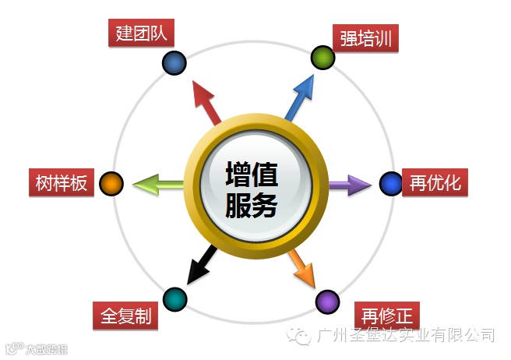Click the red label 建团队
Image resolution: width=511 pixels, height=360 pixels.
pos(141,34)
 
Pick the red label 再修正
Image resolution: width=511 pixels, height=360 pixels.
pos(386,316)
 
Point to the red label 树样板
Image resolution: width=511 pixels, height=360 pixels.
pos(60,183)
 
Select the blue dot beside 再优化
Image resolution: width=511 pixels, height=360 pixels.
pos(390,184)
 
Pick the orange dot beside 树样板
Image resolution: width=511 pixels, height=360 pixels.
pos(112,184)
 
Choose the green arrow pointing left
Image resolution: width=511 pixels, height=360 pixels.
pos(160,185)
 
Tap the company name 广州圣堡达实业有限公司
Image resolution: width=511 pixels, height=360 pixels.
pos(407,335)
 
